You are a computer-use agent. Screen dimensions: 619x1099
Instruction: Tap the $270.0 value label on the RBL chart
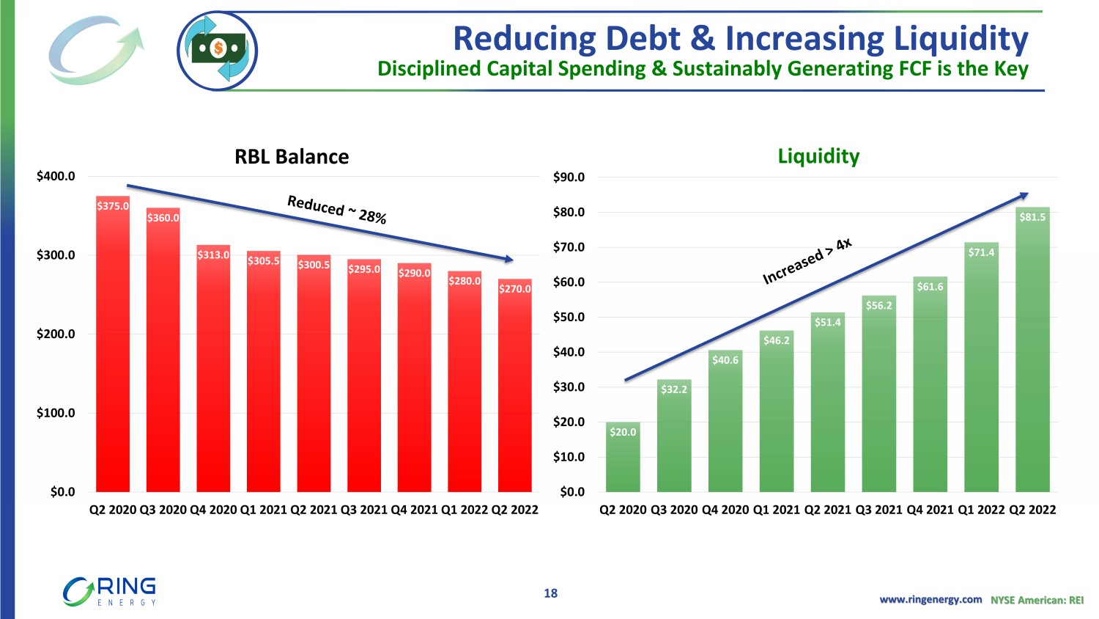click(x=514, y=289)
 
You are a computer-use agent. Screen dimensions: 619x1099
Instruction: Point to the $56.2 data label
click(x=878, y=306)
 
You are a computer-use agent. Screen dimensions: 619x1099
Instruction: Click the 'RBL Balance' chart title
click(x=292, y=157)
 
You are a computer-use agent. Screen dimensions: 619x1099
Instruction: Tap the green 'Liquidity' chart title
click(x=818, y=156)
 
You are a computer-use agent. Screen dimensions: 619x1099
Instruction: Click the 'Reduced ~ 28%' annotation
click(x=337, y=209)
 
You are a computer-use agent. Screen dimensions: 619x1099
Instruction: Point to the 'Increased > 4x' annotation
click(x=807, y=261)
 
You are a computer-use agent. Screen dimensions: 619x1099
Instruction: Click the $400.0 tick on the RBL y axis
click(x=56, y=176)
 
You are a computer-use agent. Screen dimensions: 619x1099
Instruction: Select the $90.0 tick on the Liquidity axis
click(x=569, y=177)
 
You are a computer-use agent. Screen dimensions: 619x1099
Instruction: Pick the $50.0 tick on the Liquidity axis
click(x=569, y=317)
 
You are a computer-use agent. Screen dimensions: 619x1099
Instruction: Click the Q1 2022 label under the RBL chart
click(x=464, y=510)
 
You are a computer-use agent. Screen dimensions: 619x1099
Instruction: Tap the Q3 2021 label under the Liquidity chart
click(x=878, y=510)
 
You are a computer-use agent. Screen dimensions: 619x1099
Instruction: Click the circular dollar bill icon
click(x=217, y=51)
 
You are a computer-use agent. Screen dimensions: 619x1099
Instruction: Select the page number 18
click(x=550, y=593)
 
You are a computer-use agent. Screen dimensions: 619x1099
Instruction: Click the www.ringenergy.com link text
click(x=930, y=599)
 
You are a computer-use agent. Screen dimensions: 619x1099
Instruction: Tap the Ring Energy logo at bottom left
click(x=110, y=591)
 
